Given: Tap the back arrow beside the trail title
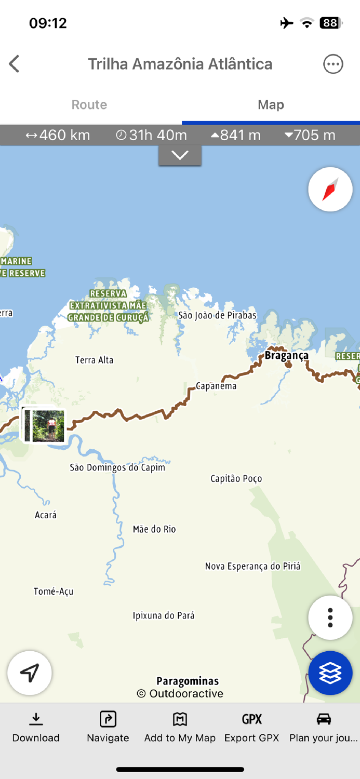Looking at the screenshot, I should (x=14, y=64).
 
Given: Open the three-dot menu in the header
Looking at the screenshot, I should (x=333, y=64).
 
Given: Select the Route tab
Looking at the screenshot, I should (x=89, y=104).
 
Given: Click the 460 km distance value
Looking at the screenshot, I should (x=58, y=135).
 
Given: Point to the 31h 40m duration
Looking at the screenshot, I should (x=151, y=135).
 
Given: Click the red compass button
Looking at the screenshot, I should (x=330, y=189).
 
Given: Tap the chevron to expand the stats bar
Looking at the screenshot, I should (x=180, y=155).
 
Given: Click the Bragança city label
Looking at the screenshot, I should (x=286, y=355).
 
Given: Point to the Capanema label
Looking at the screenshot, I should (x=216, y=386).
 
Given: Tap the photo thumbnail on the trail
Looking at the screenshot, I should (x=45, y=425).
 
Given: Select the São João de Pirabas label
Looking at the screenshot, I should (x=217, y=315).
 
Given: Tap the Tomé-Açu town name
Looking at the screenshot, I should (x=54, y=591).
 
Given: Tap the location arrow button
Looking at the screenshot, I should (x=30, y=673).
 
